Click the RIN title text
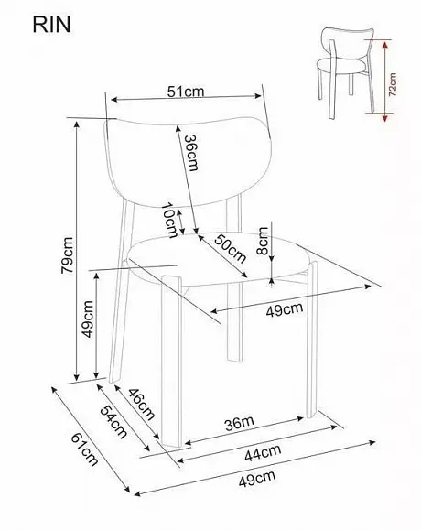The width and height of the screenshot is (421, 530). pyautogui.click(x=51, y=25)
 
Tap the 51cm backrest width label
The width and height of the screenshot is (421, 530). pyautogui.click(x=186, y=92)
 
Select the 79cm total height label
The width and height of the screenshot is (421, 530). pyautogui.click(x=67, y=255)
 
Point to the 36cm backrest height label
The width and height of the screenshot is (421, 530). pyautogui.click(x=191, y=153)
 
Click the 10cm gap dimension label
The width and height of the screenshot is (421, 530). pyautogui.click(x=170, y=220)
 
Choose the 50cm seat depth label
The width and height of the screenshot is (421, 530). pyautogui.click(x=230, y=249)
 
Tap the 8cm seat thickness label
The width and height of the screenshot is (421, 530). pyautogui.click(x=263, y=241)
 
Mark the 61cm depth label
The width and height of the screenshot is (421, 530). pyautogui.click(x=84, y=449)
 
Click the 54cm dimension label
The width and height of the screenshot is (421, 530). pyautogui.click(x=113, y=422)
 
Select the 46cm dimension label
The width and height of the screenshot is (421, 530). pyautogui.click(x=142, y=405)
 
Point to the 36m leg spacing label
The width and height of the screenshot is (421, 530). pyautogui.click(x=239, y=423)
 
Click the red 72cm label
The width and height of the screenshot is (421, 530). pyautogui.click(x=393, y=84)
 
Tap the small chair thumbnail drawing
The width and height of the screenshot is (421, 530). pyautogui.click(x=345, y=73)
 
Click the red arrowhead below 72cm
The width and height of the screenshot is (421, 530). pyautogui.click(x=384, y=117)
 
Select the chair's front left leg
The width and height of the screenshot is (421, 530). pyautogui.click(x=171, y=361)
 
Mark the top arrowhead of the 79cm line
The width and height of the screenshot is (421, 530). pyautogui.click(x=77, y=124)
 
